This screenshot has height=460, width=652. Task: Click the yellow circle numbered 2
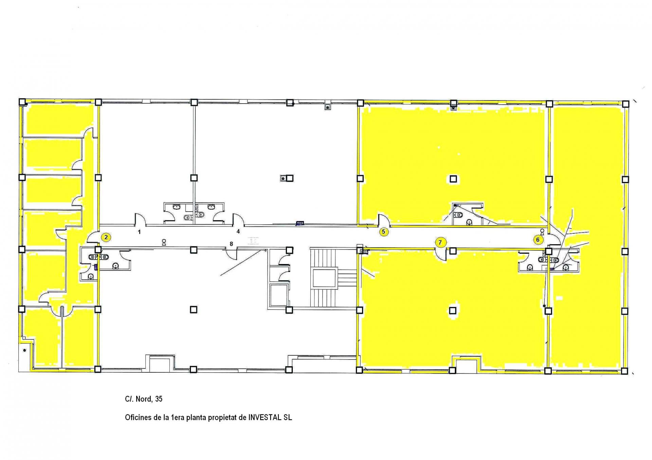106,237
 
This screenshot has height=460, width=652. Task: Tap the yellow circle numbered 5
383,232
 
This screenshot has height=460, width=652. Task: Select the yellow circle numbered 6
538,240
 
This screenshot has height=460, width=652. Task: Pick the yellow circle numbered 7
440,243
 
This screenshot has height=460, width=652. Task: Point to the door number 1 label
139,232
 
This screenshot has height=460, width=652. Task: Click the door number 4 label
238,231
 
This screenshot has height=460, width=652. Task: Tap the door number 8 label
231,244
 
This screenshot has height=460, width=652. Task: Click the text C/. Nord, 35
144,399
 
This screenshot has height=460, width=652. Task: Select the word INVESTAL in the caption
265,418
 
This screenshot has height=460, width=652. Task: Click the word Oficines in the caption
138,418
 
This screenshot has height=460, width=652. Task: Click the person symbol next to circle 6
542,232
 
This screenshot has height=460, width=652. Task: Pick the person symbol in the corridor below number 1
164,242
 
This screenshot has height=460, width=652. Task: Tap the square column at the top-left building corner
22,102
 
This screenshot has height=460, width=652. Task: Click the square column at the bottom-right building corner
624,371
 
